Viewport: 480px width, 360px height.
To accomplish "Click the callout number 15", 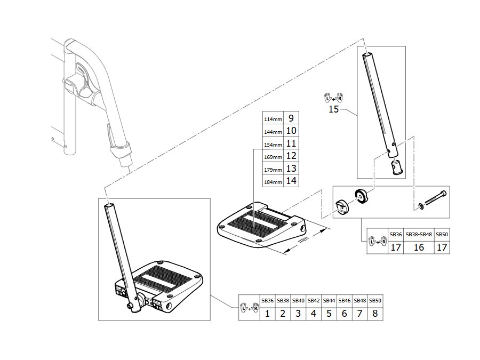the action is point(333,109).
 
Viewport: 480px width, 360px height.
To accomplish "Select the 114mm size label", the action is point(273,119).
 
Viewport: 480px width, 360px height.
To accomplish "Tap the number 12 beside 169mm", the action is point(291,156).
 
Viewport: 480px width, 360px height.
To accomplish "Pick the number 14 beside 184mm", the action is point(291,181).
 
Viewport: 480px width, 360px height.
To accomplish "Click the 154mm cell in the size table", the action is point(273,145).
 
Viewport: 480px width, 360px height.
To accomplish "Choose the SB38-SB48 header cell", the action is point(419,235).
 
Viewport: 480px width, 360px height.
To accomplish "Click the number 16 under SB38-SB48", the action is point(419,247).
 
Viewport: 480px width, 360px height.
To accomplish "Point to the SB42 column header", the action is point(314,301).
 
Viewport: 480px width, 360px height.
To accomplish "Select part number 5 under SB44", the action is point(329,314).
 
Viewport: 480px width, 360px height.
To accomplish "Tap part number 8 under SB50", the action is point(375,314).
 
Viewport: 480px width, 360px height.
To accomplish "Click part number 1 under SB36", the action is point(267,314).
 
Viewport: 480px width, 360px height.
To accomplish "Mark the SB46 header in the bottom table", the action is point(345,301).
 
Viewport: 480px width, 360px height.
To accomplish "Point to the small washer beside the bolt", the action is point(421,207).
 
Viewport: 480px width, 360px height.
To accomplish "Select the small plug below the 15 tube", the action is point(396,167).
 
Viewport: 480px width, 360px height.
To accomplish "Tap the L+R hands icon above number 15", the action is point(334,98).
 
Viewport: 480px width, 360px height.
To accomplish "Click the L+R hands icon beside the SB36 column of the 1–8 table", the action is point(250,307).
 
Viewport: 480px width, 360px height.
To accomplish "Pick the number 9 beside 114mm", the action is point(291,118).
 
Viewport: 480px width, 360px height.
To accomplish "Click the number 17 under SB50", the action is point(442,247).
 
